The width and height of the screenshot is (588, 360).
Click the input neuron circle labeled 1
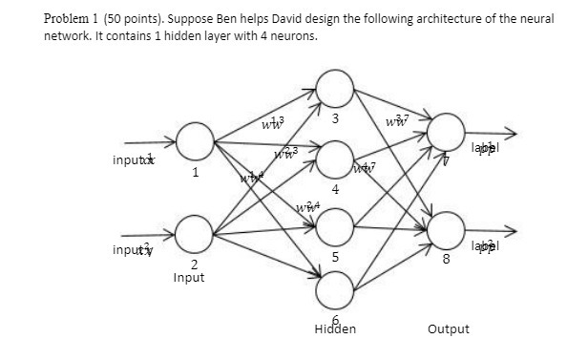(x=194, y=142)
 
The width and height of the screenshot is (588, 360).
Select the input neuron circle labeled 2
(x=194, y=233)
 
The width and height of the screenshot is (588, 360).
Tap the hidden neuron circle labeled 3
(x=334, y=90)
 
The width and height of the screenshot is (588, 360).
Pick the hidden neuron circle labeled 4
(x=334, y=157)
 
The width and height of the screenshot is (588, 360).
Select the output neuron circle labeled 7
(x=446, y=133)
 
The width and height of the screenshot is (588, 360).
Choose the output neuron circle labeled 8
(x=446, y=229)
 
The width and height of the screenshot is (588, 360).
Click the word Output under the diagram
(x=448, y=328)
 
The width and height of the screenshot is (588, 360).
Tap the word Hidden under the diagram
(x=334, y=328)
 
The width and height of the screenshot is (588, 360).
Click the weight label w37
(x=393, y=120)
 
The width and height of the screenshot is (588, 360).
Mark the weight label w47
(x=364, y=169)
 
